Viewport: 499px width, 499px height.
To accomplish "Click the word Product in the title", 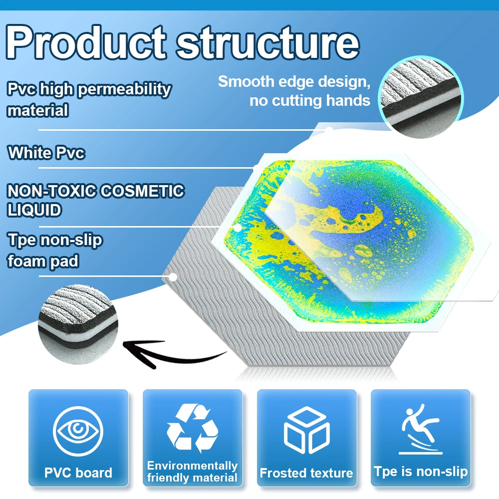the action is click(86, 42).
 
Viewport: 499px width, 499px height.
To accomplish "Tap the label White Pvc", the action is click(46, 153).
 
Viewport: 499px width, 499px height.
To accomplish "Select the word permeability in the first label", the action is click(125, 90).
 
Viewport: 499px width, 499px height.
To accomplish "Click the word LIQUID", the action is click(34, 210).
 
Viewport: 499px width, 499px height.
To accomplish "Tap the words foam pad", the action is click(43, 261).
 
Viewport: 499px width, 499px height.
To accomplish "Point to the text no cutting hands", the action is click(310, 101).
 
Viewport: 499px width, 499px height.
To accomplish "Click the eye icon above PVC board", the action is click(78, 431).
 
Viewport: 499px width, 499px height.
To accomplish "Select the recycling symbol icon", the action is click(193, 428).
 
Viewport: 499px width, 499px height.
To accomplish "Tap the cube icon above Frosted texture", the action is click(307, 430).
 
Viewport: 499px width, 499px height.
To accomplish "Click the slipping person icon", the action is click(421, 429).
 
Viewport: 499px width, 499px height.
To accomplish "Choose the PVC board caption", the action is click(78, 473).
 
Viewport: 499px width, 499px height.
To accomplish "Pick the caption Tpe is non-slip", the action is click(421, 472).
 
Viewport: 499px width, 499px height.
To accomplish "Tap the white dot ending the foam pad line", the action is click(173, 277).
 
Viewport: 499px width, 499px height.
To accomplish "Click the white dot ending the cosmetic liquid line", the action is click(238, 228).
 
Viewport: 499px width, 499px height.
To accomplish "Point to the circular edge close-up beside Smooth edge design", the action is click(421, 97).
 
